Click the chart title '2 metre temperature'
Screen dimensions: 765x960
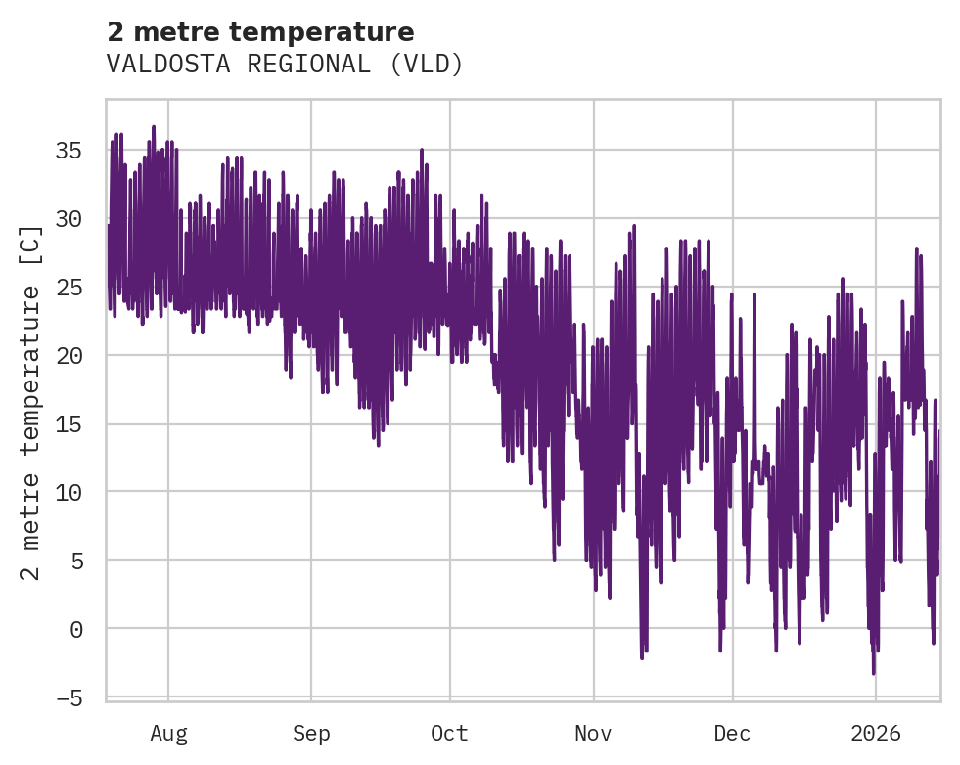(260, 32)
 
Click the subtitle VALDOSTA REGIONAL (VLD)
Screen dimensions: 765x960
(285, 65)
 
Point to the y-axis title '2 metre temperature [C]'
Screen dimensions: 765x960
(31, 402)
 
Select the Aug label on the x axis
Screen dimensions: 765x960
(168, 733)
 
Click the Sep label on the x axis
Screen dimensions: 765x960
(311, 733)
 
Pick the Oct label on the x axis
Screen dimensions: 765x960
(449, 733)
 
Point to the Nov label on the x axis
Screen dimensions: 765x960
(593, 733)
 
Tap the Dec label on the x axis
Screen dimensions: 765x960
(732, 733)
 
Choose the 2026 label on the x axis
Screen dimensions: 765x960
(875, 733)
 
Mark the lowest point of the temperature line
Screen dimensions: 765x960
(874, 673)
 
